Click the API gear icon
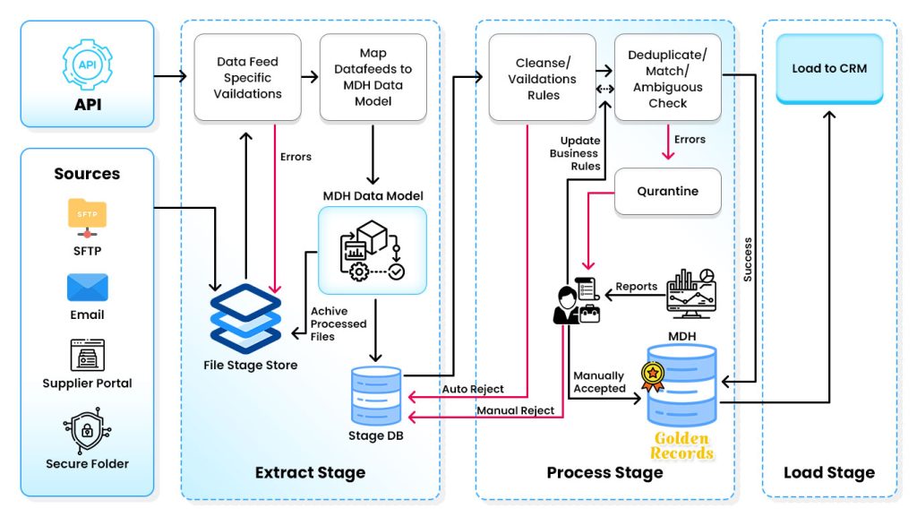point(87,64)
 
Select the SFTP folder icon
point(87,216)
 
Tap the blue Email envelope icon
point(87,288)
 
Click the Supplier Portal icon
point(87,355)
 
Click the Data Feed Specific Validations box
point(248,78)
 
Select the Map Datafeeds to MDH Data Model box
point(373,78)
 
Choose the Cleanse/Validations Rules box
point(542,78)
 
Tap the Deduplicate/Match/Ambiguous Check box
point(667,78)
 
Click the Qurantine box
point(667,191)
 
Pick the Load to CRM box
point(829,68)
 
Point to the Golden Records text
point(681,445)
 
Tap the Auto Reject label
point(473,389)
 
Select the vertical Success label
point(748,260)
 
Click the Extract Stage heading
point(310,472)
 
